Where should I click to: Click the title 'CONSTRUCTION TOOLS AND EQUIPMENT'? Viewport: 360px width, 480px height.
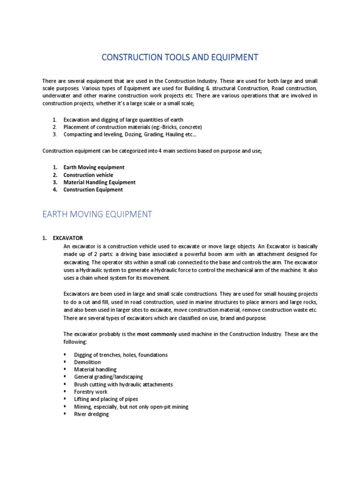point(180,58)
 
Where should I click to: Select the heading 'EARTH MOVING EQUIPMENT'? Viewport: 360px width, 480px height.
point(97,214)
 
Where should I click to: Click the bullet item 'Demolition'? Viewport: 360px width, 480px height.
point(87,362)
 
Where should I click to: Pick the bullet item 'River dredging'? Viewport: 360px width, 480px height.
point(91,414)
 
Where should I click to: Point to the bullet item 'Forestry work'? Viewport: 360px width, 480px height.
point(91,392)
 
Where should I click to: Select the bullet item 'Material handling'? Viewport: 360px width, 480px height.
point(95,370)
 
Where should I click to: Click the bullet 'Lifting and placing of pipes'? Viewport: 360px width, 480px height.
point(106,399)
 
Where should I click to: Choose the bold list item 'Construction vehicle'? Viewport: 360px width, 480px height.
point(88,175)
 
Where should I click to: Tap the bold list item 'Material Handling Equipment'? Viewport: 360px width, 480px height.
point(99,182)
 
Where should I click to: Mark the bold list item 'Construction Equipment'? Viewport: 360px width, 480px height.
point(93,190)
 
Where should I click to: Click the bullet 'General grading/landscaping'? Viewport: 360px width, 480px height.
point(108,377)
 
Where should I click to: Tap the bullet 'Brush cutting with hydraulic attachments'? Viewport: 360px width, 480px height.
point(123,384)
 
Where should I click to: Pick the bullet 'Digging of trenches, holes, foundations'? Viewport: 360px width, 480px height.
point(121,355)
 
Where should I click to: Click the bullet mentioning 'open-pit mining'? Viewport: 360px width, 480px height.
point(131,407)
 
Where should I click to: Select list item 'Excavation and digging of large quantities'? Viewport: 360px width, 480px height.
point(123,120)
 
